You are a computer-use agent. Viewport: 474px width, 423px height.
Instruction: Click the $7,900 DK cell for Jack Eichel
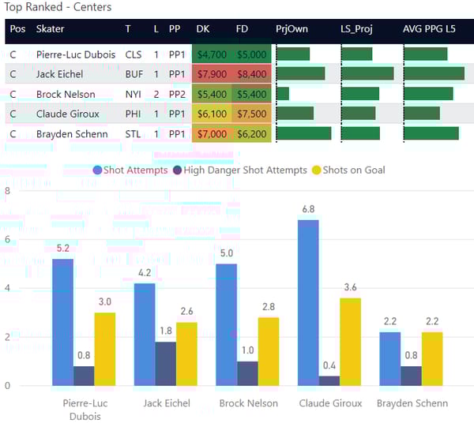click(x=212, y=74)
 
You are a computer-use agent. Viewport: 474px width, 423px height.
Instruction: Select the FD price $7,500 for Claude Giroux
click(x=251, y=114)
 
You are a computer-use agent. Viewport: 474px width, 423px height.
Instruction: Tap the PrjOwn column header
click(x=292, y=29)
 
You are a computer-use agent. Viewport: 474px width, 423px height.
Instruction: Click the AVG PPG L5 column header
click(x=429, y=29)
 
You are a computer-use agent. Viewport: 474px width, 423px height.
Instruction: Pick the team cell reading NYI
click(x=134, y=94)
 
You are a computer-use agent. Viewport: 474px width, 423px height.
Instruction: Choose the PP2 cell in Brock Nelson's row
click(x=175, y=94)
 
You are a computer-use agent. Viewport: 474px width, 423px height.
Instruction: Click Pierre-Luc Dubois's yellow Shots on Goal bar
click(x=105, y=349)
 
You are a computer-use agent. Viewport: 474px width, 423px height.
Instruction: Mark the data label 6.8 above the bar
click(x=308, y=209)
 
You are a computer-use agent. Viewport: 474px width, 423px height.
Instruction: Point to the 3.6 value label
click(x=350, y=287)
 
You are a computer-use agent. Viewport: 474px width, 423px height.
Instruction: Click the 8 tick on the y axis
click(x=7, y=190)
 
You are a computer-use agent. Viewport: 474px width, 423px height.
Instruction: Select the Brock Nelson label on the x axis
click(x=250, y=403)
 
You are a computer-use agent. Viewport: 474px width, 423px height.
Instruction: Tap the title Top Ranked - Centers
click(x=58, y=8)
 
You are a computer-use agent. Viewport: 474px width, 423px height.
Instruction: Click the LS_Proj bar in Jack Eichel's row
click(x=367, y=74)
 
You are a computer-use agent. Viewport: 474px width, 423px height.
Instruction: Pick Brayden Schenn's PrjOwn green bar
click(x=303, y=133)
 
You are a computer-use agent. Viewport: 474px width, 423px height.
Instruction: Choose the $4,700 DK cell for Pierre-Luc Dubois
click(x=212, y=54)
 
